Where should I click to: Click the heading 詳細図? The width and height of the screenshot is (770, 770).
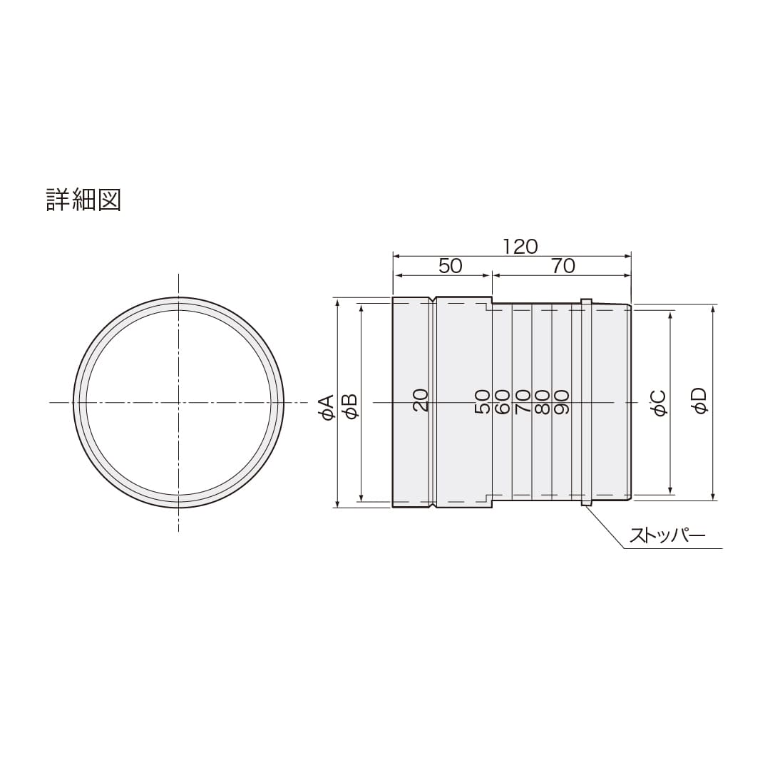[x=83, y=200]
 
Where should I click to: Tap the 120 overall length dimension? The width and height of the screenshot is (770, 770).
[x=520, y=247]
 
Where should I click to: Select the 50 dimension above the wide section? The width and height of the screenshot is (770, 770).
[x=451, y=266]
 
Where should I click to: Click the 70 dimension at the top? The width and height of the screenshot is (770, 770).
[x=563, y=266]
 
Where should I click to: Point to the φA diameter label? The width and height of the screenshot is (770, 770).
[x=327, y=408]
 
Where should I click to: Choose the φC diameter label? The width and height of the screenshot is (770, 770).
[x=660, y=403]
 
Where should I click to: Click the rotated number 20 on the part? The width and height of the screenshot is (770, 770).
[x=421, y=400]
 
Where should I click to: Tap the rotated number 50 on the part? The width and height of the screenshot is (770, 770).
[x=483, y=401]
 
